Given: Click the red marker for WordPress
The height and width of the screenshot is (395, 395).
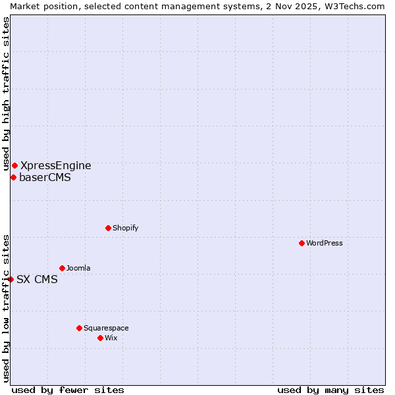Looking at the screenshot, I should pyautogui.click(x=302, y=243).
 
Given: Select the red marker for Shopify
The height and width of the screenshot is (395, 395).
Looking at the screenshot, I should pyautogui.click(x=108, y=228).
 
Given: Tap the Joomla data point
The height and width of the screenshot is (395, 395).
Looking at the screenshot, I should pyautogui.click(x=62, y=268).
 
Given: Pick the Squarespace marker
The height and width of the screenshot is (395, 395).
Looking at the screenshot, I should pyautogui.click(x=79, y=328).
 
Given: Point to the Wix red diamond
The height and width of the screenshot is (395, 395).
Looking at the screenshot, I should pyautogui.click(x=100, y=338).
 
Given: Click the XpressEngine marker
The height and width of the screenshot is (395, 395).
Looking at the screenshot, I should pyautogui.click(x=14, y=165).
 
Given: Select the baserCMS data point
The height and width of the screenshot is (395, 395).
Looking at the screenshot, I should pyautogui.click(x=13, y=177).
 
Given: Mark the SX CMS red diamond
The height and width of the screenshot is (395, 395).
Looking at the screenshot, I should pyautogui.click(x=11, y=279).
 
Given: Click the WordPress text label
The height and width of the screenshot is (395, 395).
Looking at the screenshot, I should pyautogui.click(x=325, y=243).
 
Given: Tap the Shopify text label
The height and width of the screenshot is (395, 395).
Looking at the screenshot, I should pyautogui.click(x=125, y=228).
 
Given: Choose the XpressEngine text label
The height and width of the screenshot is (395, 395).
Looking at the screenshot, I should pyautogui.click(x=56, y=166).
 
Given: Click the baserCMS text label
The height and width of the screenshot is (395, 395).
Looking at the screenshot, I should pyautogui.click(x=45, y=177).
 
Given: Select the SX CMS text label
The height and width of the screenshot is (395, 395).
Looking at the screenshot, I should pyautogui.click(x=37, y=279).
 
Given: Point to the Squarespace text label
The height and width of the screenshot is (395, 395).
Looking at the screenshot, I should pyautogui.click(x=106, y=328).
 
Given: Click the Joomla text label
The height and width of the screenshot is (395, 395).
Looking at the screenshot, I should pyautogui.click(x=78, y=268).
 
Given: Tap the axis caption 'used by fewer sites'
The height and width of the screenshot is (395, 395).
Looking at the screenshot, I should pyautogui.click(x=68, y=390).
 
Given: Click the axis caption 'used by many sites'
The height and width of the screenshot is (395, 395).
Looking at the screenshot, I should pyautogui.click(x=330, y=390).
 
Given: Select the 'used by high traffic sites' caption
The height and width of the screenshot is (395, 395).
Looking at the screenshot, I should pyautogui.click(x=6, y=93).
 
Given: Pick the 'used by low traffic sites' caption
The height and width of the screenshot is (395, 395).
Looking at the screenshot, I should pyautogui.click(x=6, y=307).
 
